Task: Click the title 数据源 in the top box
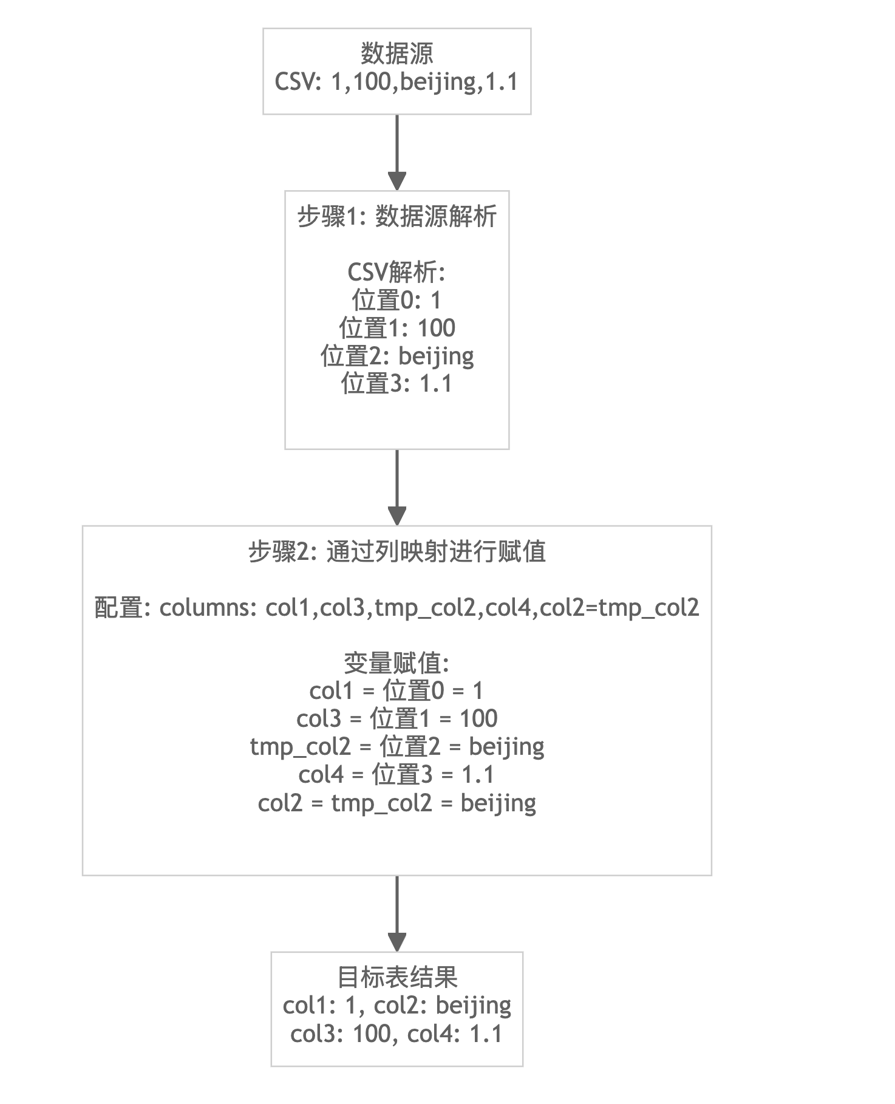(x=396, y=54)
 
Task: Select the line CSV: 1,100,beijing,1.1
(x=396, y=82)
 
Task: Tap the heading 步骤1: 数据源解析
(x=396, y=217)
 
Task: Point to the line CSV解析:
(x=396, y=273)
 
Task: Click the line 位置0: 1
(x=396, y=301)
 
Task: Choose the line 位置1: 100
(x=396, y=329)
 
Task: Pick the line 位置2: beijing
(x=396, y=356)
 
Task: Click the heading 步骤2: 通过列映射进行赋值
(x=396, y=552)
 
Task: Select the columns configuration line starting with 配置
(x=396, y=608)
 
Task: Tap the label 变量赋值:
(x=396, y=664)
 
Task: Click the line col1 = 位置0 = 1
(x=396, y=691)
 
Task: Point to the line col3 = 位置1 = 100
(x=396, y=719)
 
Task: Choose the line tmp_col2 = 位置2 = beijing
(x=396, y=747)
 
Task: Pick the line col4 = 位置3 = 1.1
(x=396, y=775)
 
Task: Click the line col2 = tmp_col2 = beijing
(x=396, y=803)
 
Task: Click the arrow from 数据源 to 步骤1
(x=396, y=152)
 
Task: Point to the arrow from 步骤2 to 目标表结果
(x=396, y=913)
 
